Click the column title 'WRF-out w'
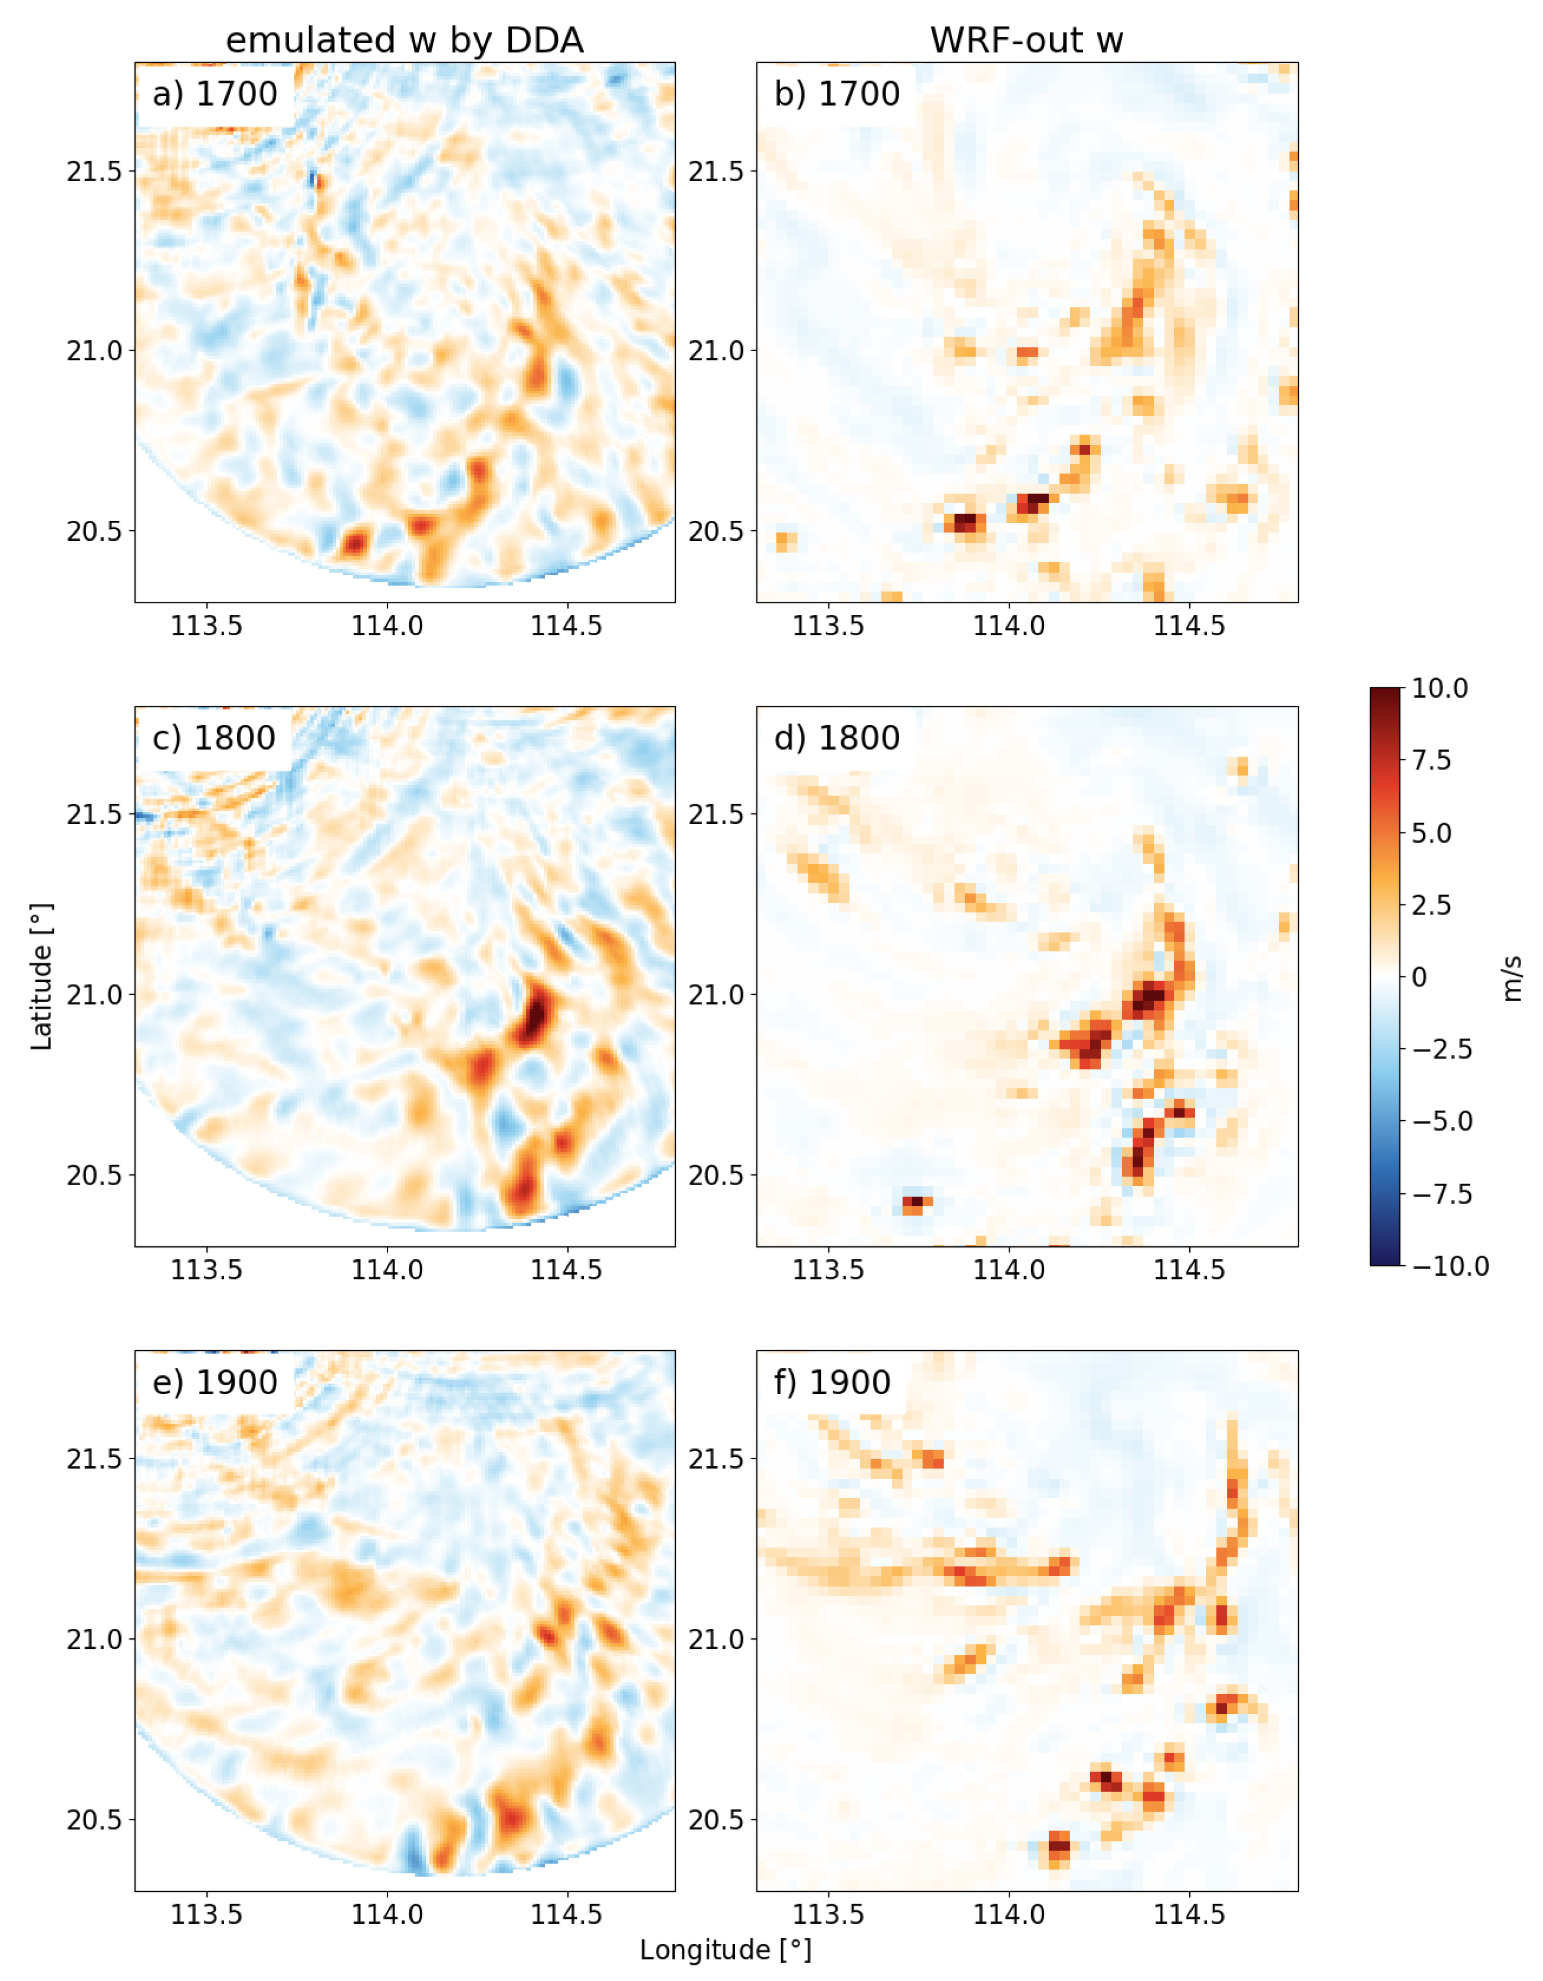point(1026,41)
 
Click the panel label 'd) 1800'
point(837,738)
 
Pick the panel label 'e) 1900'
point(215,1382)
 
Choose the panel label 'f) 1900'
point(832,1382)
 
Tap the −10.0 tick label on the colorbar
point(1449,1266)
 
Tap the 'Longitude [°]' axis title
point(725,1950)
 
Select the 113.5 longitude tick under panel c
point(207,1270)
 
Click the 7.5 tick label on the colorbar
point(1431,760)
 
